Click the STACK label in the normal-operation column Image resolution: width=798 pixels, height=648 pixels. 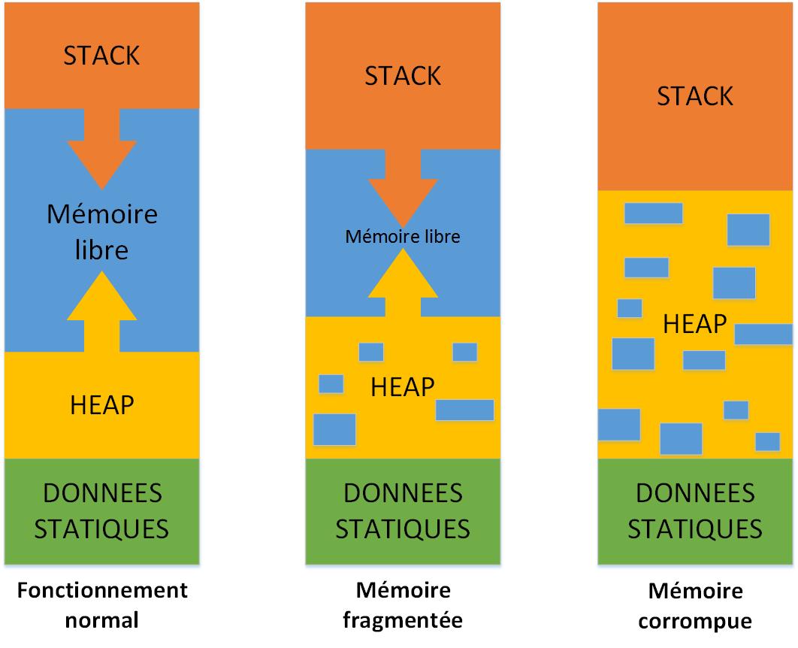[x=102, y=56]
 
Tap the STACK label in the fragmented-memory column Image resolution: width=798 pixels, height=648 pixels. [x=402, y=76]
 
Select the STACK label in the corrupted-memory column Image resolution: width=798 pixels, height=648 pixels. [x=695, y=96]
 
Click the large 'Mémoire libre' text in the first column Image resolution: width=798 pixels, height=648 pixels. [x=102, y=232]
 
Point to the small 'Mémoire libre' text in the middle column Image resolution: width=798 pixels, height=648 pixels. [x=402, y=237]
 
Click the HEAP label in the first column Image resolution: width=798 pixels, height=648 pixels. [x=102, y=404]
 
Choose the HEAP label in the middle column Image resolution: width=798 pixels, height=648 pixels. [x=403, y=386]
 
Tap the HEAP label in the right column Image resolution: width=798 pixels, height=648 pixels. [x=695, y=323]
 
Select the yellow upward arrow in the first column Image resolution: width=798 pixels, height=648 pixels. [x=102, y=308]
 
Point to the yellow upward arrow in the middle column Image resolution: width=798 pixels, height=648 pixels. [x=402, y=282]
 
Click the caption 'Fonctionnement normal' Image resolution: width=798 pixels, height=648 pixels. [x=102, y=605]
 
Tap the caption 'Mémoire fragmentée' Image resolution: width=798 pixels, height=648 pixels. [x=402, y=605]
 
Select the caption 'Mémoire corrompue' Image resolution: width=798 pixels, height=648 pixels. [x=695, y=606]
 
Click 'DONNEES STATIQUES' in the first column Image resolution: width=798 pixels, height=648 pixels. [x=102, y=511]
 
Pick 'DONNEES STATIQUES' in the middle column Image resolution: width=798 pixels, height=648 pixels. [x=402, y=511]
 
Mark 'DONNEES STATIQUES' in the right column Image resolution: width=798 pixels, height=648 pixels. [x=695, y=511]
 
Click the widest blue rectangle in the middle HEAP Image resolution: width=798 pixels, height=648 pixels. [x=464, y=410]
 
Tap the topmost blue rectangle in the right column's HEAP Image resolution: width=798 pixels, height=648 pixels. [x=653, y=213]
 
